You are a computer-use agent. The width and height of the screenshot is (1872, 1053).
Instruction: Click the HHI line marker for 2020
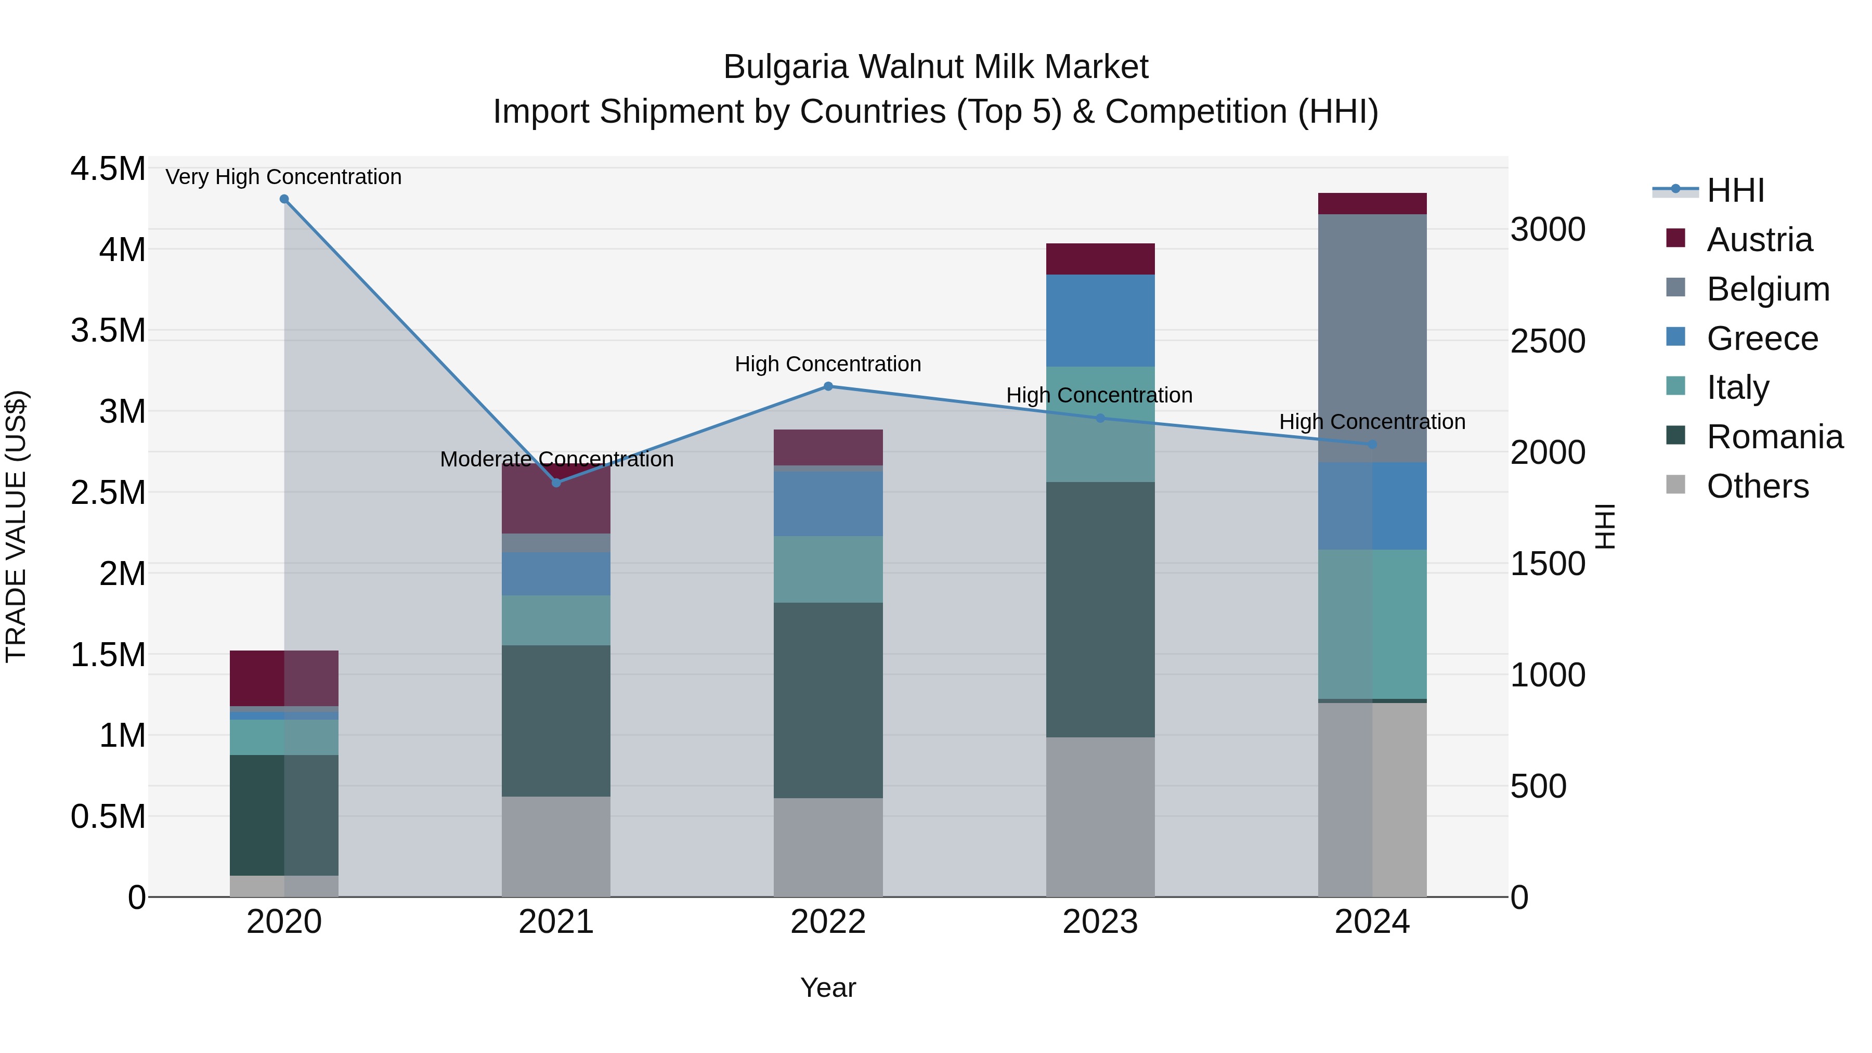point(284,199)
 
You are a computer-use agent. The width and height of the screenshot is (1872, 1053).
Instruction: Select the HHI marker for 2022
point(828,386)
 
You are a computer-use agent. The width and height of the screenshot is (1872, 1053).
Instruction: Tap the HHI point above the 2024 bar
point(1372,445)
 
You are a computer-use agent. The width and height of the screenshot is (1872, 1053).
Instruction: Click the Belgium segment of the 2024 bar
point(1372,338)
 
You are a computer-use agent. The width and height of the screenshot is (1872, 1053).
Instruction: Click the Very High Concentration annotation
point(283,177)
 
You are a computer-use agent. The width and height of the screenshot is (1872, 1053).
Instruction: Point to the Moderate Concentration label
point(556,459)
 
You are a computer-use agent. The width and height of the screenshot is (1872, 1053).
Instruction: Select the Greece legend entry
point(1762,339)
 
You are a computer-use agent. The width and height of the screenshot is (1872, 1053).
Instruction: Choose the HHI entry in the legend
point(1735,190)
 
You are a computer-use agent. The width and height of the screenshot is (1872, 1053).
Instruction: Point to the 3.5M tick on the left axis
point(108,331)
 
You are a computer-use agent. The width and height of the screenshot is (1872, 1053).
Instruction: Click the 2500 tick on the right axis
point(1548,342)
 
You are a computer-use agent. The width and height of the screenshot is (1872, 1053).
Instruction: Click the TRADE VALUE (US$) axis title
point(16,526)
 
